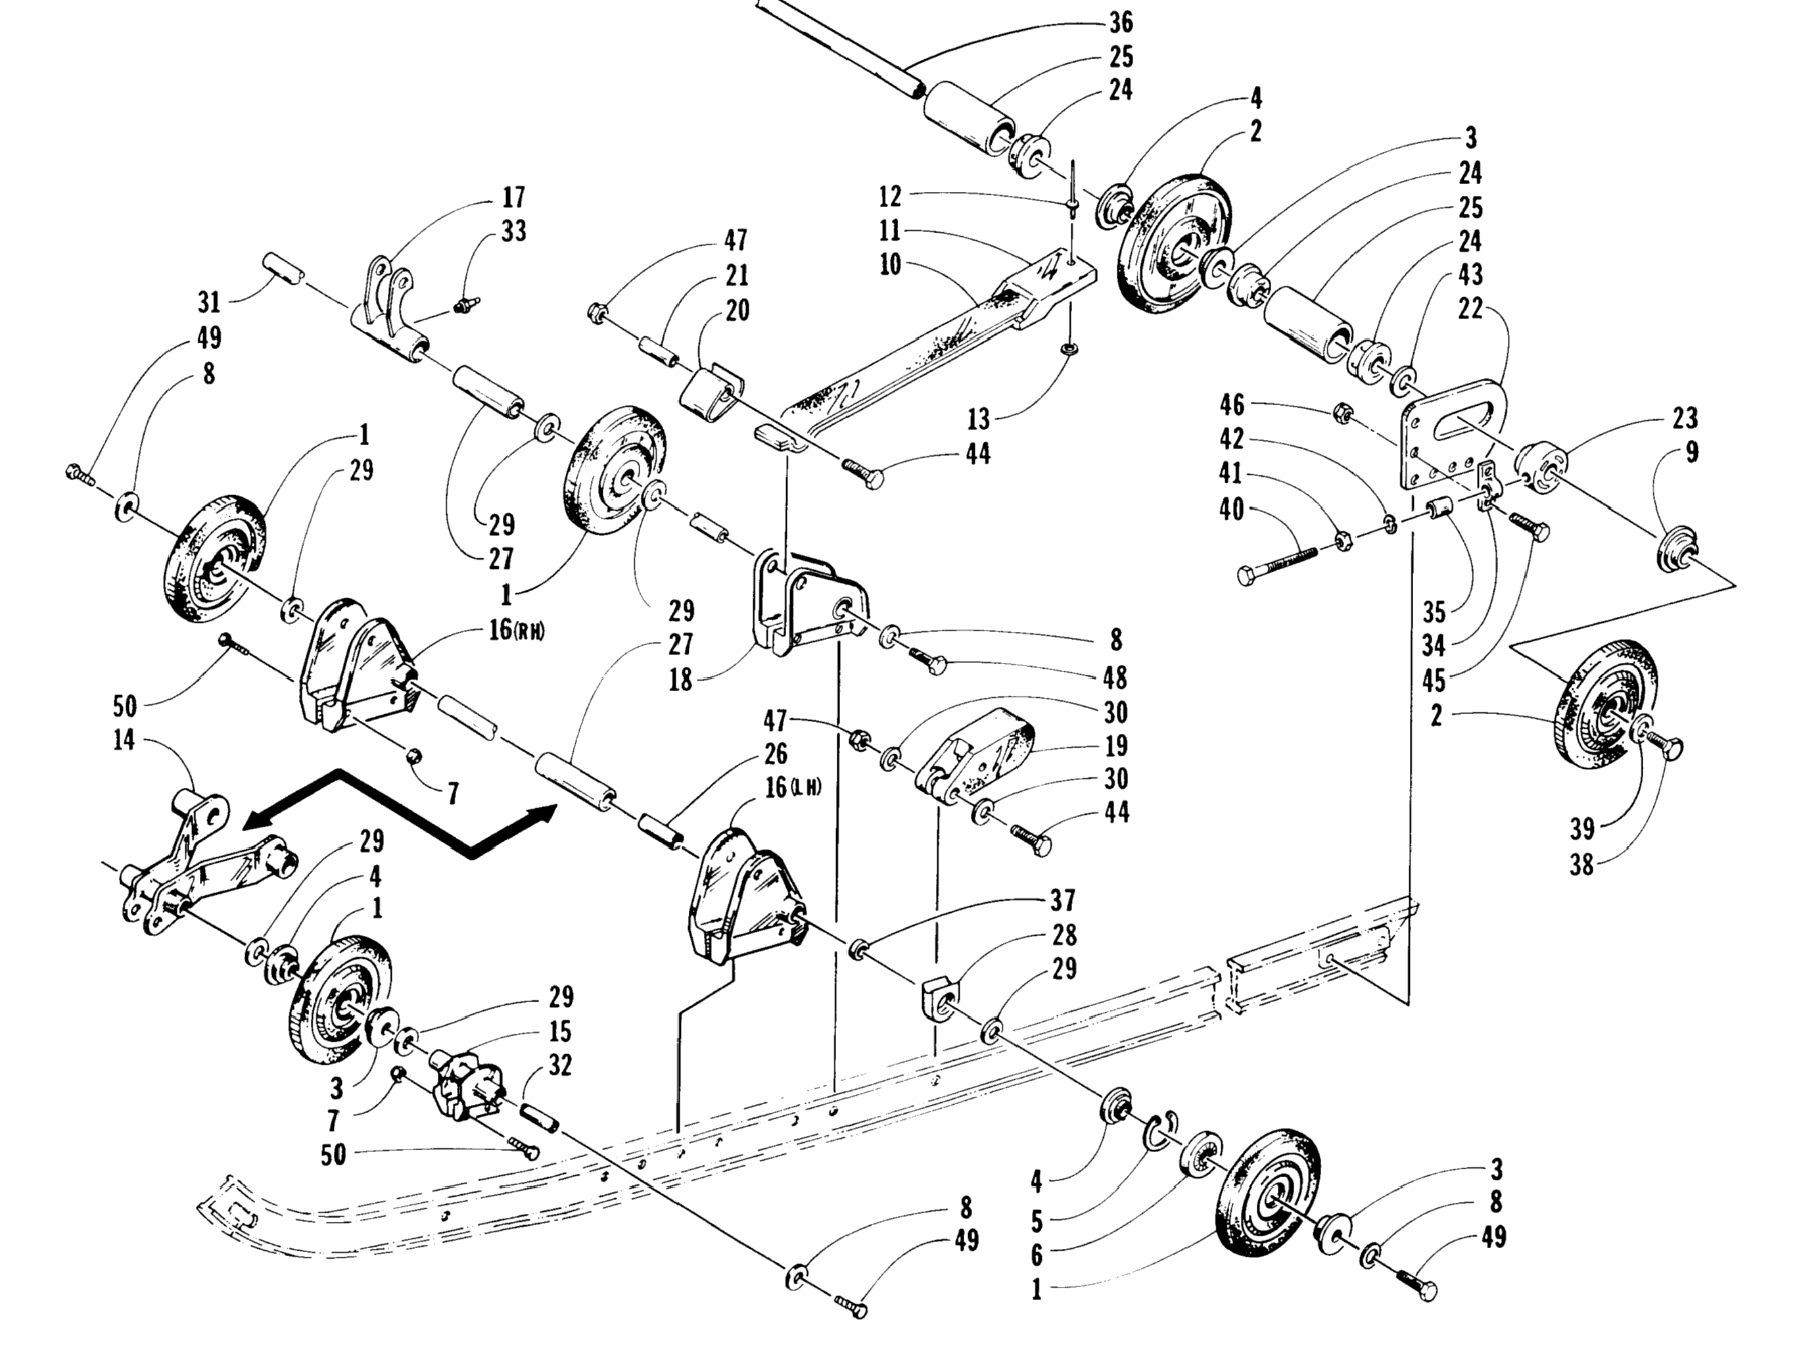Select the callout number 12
890,197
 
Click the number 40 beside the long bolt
1231,510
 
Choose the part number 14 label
124,741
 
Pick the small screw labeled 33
467,306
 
